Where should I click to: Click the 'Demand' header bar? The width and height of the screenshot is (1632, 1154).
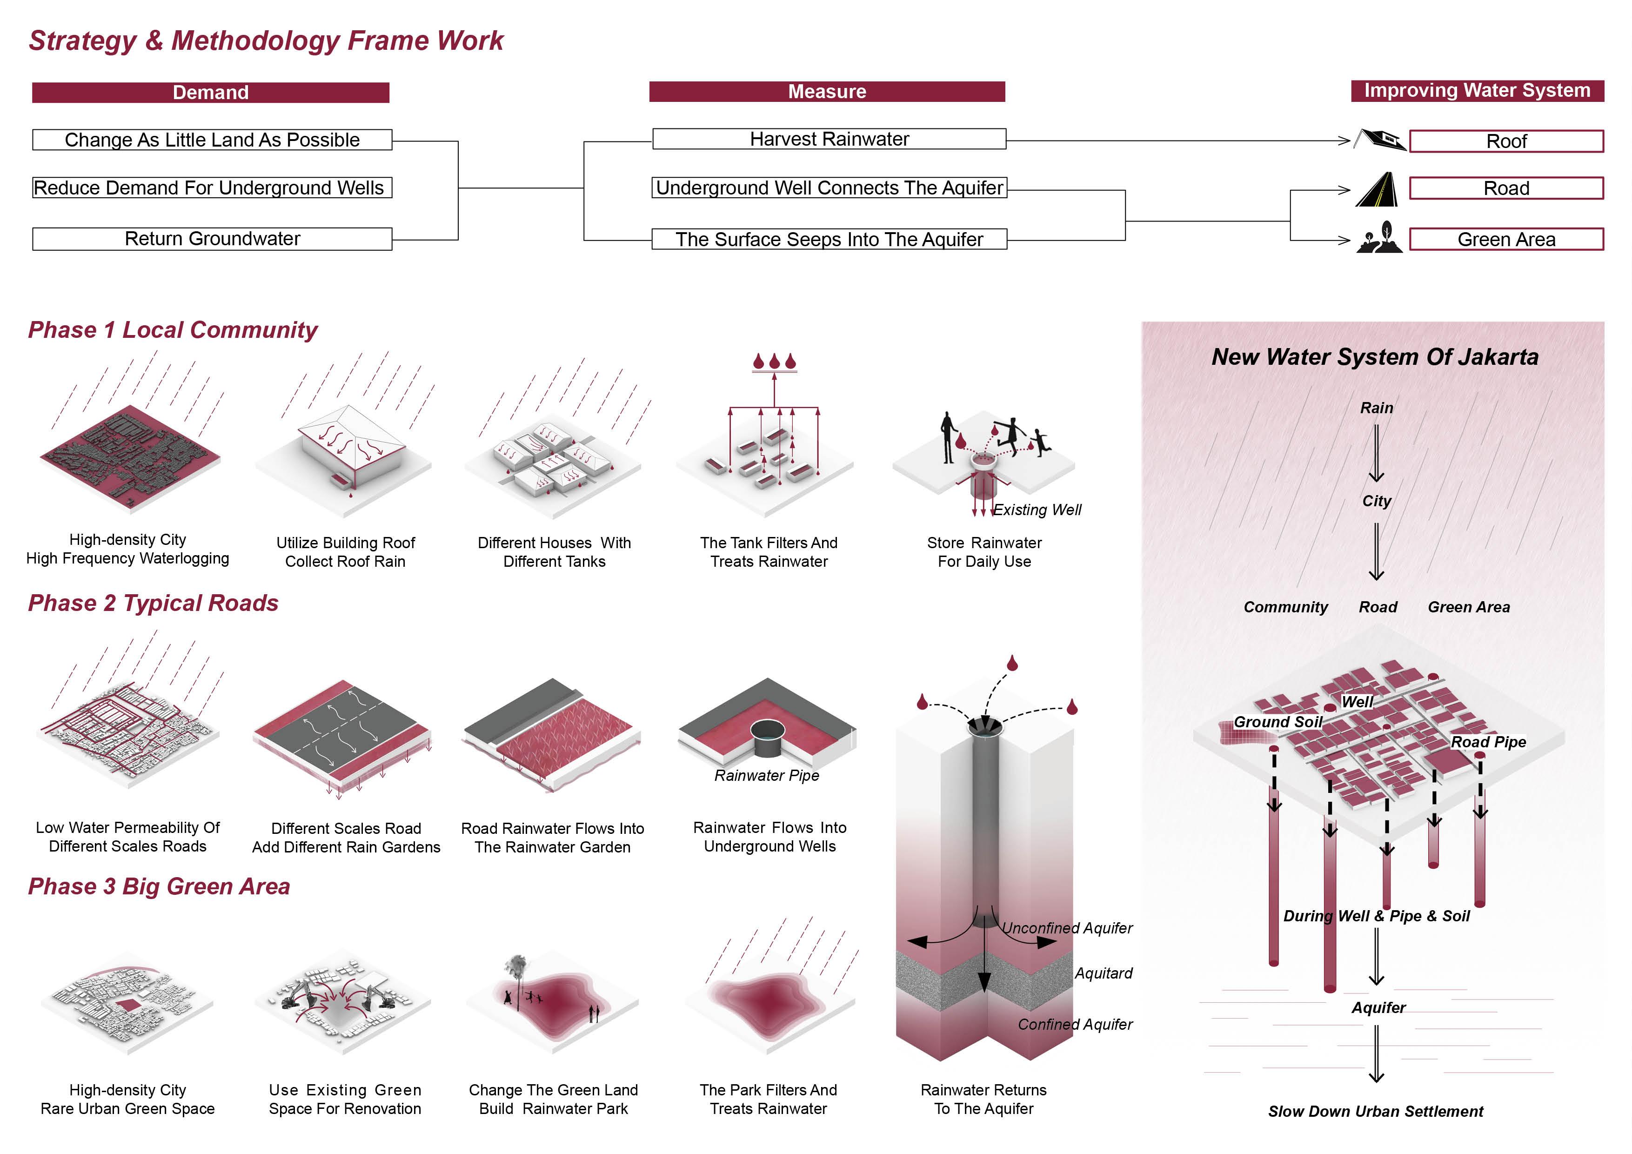coord(210,93)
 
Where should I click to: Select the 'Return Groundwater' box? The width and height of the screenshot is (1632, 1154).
coord(212,239)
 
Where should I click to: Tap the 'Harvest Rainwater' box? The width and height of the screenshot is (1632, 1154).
coord(829,139)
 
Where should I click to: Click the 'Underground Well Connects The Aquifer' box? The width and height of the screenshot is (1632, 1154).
coord(829,188)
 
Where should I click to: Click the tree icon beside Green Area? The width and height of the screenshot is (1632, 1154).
coord(1380,237)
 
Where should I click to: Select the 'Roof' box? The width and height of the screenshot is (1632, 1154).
coord(1506,141)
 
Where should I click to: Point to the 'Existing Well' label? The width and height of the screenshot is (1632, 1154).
coord(1037,510)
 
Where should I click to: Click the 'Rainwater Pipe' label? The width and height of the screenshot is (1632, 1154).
coord(766,776)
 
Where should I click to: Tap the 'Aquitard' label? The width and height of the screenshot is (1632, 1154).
coord(1103,973)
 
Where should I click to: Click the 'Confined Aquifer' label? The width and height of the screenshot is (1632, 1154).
coord(1075,1025)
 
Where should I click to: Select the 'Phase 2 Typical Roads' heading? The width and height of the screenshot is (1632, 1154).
coord(153,603)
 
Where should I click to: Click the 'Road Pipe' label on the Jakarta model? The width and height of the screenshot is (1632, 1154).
coord(1488,742)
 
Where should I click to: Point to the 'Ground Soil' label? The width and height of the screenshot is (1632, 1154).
coord(1278,722)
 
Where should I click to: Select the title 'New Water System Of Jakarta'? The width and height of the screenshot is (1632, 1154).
coord(1375,357)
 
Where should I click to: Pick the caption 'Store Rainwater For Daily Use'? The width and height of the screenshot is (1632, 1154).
coord(984,552)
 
